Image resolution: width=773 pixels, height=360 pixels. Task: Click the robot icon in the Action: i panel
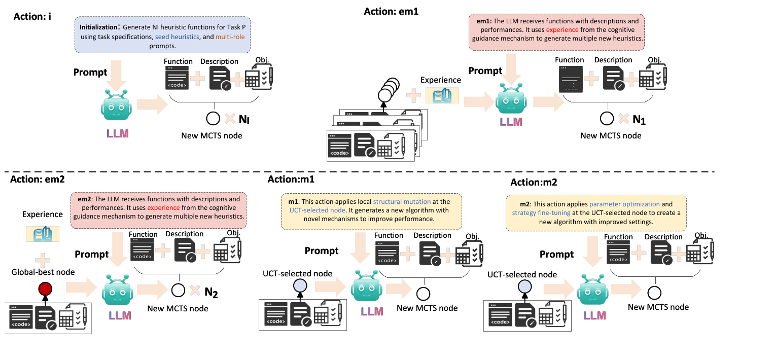[x=118, y=104]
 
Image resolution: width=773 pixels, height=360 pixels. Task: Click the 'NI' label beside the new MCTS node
[x=245, y=120]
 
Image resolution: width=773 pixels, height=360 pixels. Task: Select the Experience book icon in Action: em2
[x=43, y=234]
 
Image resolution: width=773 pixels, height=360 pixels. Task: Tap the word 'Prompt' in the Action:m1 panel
[x=322, y=250]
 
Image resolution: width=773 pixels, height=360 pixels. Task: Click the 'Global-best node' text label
[x=43, y=272]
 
